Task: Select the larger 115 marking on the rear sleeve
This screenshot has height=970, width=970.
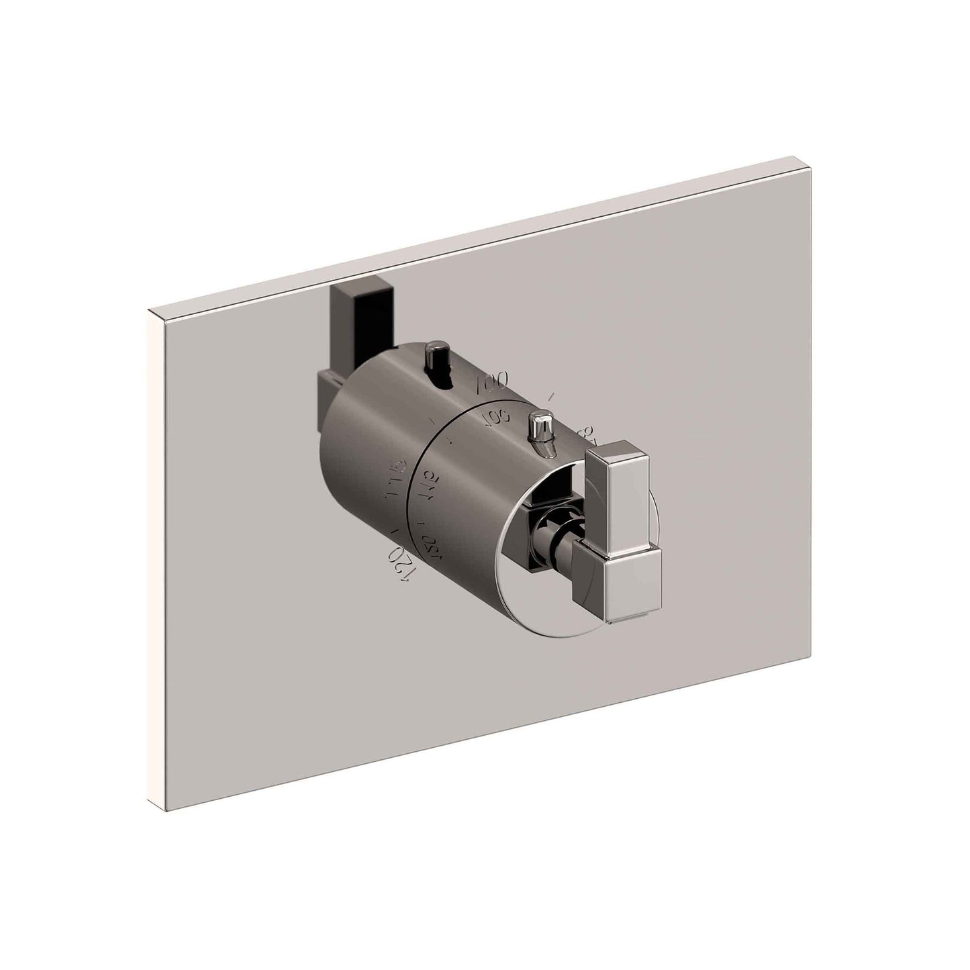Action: (395, 481)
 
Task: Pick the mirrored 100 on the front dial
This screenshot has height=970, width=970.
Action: (497, 417)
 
